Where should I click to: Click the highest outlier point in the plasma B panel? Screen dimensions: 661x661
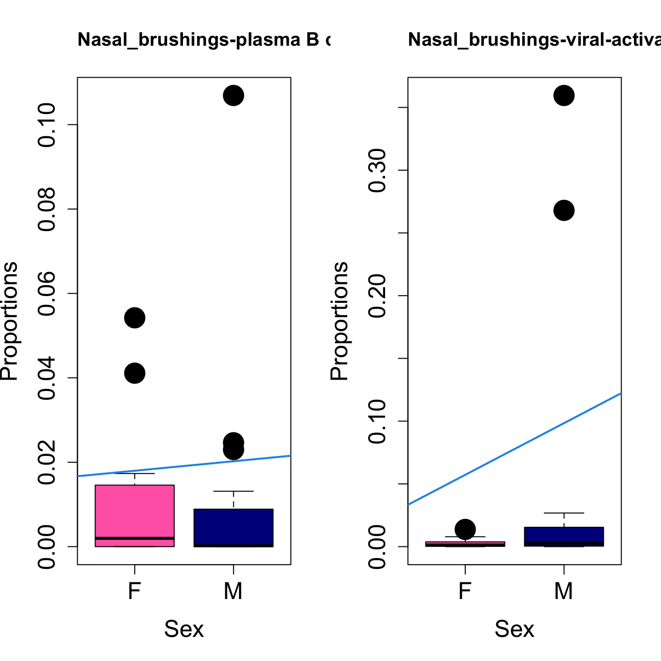233,95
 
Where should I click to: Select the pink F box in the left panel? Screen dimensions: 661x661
135,511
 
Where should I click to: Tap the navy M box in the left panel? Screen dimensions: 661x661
233,527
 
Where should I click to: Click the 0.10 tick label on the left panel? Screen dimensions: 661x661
47,125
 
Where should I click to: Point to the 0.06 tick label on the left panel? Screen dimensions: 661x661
47,294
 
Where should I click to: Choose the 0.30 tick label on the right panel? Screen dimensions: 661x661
378,170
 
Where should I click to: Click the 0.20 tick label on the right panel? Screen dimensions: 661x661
378,296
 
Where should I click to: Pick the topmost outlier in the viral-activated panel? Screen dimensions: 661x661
564,95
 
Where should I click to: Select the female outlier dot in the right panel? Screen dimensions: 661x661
465,529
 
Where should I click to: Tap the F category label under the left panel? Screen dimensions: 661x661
135,591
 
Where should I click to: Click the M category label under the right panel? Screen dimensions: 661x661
564,591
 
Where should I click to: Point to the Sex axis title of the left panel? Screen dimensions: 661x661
184,629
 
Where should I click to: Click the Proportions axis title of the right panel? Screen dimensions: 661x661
339,321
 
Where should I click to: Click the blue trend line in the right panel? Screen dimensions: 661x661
514,449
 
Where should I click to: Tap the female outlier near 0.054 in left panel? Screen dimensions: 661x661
135,318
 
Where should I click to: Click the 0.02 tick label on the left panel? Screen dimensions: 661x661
47,462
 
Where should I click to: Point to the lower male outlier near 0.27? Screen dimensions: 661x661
564,210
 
